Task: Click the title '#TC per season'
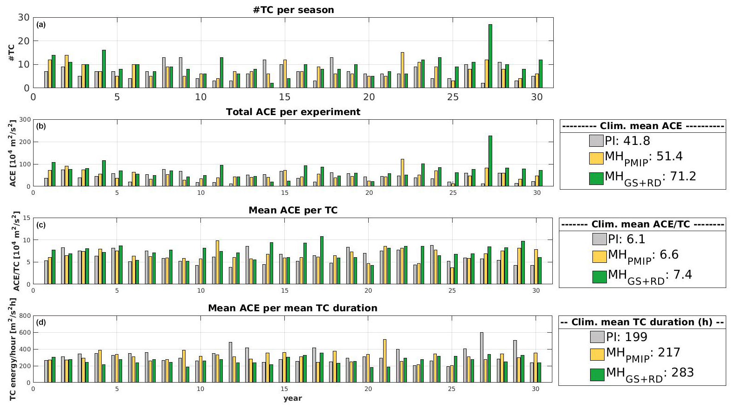[293, 10]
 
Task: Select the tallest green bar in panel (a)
[490, 56]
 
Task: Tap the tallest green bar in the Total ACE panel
[490, 161]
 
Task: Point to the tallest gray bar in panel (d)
[481, 357]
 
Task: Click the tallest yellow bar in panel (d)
[385, 361]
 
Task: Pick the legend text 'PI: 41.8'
[627, 141]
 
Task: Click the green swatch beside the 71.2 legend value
[596, 178]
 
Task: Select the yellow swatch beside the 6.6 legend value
[599, 256]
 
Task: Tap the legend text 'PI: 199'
[626, 337]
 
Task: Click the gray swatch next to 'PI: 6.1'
[599, 239]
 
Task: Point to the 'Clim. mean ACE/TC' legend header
[642, 224]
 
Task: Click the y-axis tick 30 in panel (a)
[24, 18]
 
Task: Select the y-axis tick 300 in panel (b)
[26, 120]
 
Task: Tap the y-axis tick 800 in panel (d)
[25, 316]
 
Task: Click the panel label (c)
[41, 225]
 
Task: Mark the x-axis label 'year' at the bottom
[292, 398]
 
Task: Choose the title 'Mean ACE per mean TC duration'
[292, 308]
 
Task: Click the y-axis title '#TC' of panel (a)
[11, 53]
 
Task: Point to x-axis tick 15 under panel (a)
[284, 97]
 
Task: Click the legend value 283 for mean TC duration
[682, 373]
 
